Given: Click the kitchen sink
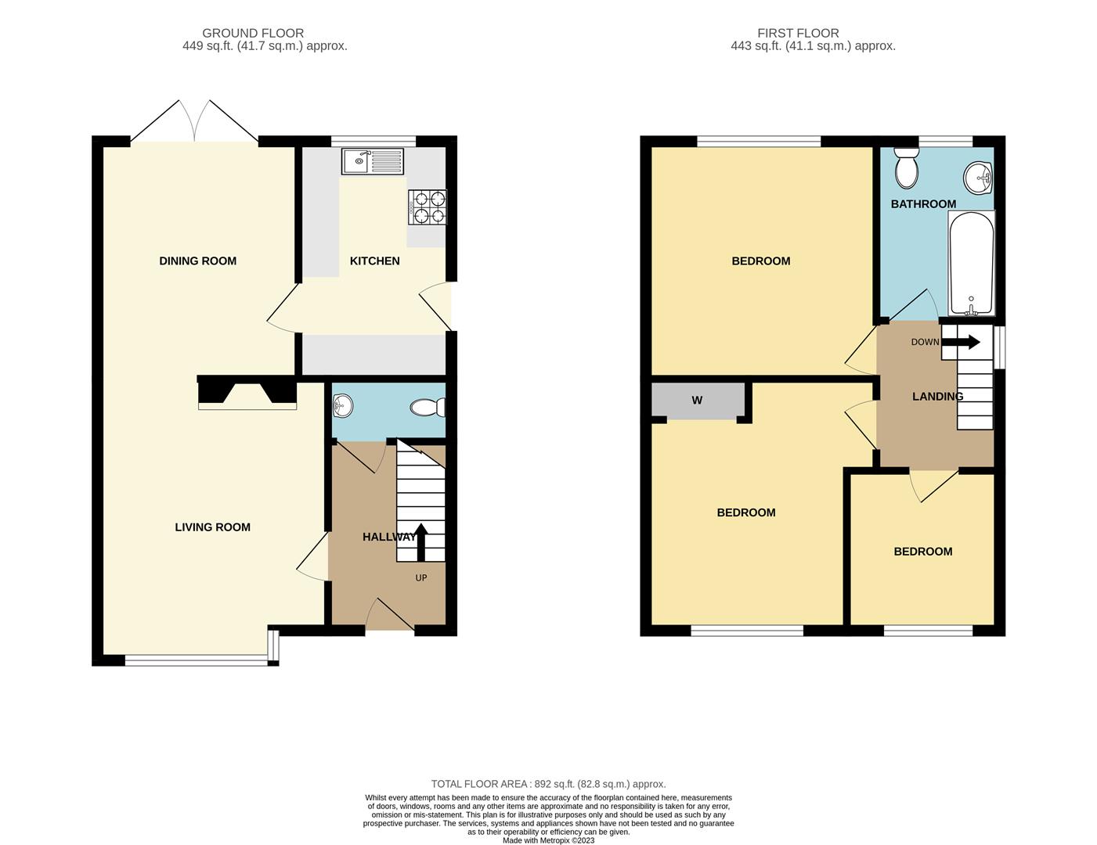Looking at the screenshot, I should click(372, 162).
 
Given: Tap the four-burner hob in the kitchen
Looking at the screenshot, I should click(428, 207).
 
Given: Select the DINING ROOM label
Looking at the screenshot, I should click(197, 261).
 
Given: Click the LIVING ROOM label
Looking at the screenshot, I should click(212, 527).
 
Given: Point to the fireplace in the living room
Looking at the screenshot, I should click(247, 393).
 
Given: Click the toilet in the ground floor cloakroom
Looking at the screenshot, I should click(428, 407).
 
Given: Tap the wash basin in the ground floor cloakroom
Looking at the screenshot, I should click(342, 405).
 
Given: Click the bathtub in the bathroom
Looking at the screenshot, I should click(971, 263).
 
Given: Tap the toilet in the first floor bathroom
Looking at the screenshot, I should click(907, 167).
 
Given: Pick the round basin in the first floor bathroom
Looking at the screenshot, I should click(977, 178).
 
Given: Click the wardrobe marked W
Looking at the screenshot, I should click(697, 401).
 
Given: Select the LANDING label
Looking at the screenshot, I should click(937, 397).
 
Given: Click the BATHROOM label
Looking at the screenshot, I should click(923, 204).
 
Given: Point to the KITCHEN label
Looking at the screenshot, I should click(374, 261).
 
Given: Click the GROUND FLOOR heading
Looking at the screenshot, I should click(253, 33).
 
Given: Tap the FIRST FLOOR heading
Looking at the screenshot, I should click(798, 33).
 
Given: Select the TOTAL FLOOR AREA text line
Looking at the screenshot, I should click(548, 784).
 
